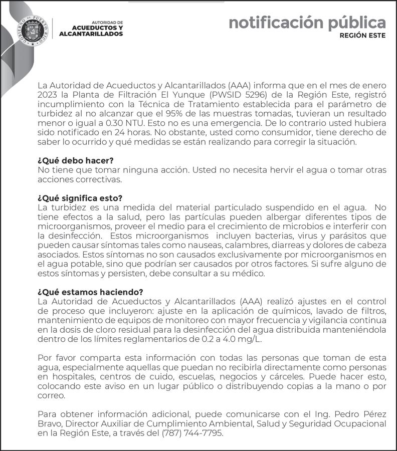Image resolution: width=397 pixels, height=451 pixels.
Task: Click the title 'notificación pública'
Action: pyautogui.click(x=307, y=23)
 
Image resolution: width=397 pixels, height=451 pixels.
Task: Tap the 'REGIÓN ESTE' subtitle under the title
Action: pyautogui.click(x=362, y=36)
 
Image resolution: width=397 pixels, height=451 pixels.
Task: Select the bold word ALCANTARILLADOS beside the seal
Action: pyautogui.click(x=91, y=34)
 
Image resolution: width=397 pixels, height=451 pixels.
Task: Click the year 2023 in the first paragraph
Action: pyautogui.click(x=47, y=95)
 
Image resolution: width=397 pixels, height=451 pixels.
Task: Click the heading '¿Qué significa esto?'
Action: pyautogui.click(x=80, y=198)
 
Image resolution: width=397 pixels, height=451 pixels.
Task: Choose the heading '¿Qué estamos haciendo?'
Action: pyautogui.click(x=90, y=292)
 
